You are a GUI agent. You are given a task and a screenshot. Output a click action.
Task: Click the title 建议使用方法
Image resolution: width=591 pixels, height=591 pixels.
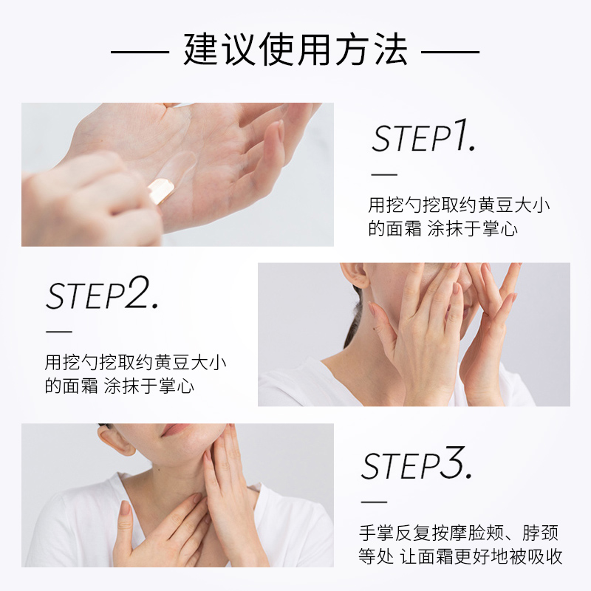(x=295, y=50)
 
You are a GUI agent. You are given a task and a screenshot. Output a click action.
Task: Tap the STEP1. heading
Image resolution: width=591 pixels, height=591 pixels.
(x=423, y=137)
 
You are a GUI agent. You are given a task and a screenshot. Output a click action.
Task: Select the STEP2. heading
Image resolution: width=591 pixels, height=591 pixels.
(x=102, y=293)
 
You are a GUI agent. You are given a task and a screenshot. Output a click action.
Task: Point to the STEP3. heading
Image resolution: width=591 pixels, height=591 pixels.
(x=417, y=463)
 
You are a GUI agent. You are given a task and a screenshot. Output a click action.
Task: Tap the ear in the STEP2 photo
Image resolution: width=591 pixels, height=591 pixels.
(x=355, y=275)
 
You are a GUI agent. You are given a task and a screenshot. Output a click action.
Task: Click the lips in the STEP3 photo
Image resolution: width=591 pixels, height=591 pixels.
(x=176, y=429)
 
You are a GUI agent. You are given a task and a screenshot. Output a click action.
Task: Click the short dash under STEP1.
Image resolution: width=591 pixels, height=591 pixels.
(x=384, y=175)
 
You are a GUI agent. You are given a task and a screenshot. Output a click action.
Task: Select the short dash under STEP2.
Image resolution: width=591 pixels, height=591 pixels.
(x=59, y=332)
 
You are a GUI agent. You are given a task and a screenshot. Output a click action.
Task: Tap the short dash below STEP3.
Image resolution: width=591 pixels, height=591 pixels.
(x=374, y=502)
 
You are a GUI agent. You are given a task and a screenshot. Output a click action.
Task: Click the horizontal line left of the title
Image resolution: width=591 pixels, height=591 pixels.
(x=140, y=52)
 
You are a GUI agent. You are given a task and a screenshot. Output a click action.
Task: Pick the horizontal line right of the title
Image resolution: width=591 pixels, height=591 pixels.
(x=450, y=52)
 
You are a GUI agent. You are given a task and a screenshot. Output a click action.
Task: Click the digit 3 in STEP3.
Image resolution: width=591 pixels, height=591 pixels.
(x=451, y=462)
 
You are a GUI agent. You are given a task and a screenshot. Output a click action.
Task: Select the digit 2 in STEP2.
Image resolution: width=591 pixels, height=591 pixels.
(x=136, y=292)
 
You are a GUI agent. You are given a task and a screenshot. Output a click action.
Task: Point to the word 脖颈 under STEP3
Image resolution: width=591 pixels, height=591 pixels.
(x=541, y=533)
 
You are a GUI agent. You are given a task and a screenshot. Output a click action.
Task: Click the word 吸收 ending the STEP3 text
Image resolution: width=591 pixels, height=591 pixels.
(x=544, y=556)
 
